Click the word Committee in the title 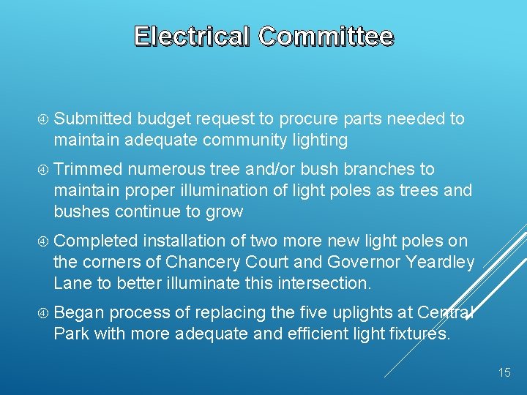pos(326,36)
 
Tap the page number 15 pos(504,373)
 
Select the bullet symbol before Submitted pos(43,119)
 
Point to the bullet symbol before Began pos(43,313)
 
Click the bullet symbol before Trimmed pos(43,170)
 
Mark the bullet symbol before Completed pos(43,241)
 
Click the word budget pos(161,119)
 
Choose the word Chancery pos(202,262)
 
